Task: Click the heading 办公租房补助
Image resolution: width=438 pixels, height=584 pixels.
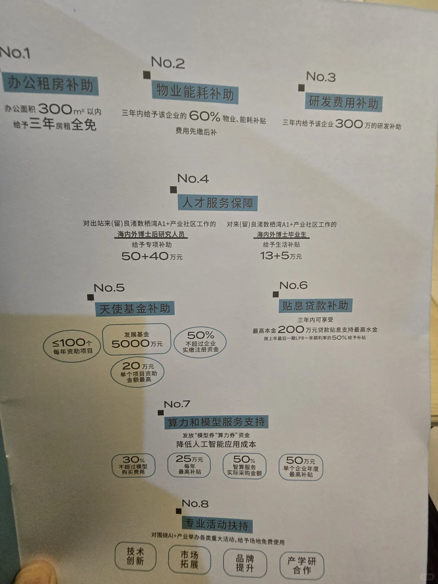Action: click(x=50, y=84)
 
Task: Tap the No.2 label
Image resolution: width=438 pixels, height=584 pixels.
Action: click(x=167, y=63)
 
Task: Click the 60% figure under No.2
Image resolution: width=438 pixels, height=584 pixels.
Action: click(x=204, y=116)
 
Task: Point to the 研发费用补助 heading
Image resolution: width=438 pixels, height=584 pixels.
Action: click(x=344, y=102)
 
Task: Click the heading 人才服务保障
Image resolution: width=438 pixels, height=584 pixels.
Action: click(x=218, y=202)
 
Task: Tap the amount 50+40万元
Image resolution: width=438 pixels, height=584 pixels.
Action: click(x=152, y=256)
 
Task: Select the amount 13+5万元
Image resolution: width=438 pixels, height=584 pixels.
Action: click(x=281, y=256)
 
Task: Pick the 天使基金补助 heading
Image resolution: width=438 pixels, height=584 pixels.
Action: click(x=135, y=309)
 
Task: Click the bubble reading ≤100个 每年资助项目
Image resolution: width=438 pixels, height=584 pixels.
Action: click(x=73, y=346)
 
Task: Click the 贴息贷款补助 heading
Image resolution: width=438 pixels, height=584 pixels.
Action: click(x=315, y=305)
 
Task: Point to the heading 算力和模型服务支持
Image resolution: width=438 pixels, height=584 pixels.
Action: click(x=216, y=422)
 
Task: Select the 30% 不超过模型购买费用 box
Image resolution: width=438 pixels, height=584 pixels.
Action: click(x=133, y=465)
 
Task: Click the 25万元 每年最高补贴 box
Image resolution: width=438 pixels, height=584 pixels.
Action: click(x=189, y=465)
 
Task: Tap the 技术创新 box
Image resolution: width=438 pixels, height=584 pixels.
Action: click(x=135, y=556)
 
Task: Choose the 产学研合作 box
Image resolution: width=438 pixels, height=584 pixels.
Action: click(x=301, y=565)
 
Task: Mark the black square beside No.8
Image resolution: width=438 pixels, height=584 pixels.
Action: click(x=179, y=511)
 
